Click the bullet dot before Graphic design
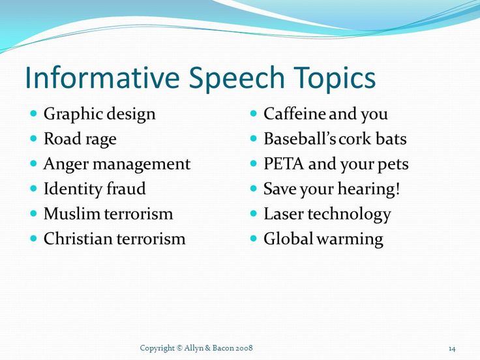pyautogui.click(x=34, y=113)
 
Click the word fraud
pyautogui.click(x=126, y=188)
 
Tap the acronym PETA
pyautogui.click(x=284, y=164)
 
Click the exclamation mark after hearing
pyautogui.click(x=397, y=189)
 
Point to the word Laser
pyautogui.click(x=284, y=214)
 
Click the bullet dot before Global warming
pyautogui.click(x=253, y=238)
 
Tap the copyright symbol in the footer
pyautogui.click(x=179, y=348)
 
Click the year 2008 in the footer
pyautogui.click(x=245, y=348)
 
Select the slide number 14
pyautogui.click(x=452, y=349)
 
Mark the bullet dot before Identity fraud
pyautogui.click(x=34, y=188)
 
